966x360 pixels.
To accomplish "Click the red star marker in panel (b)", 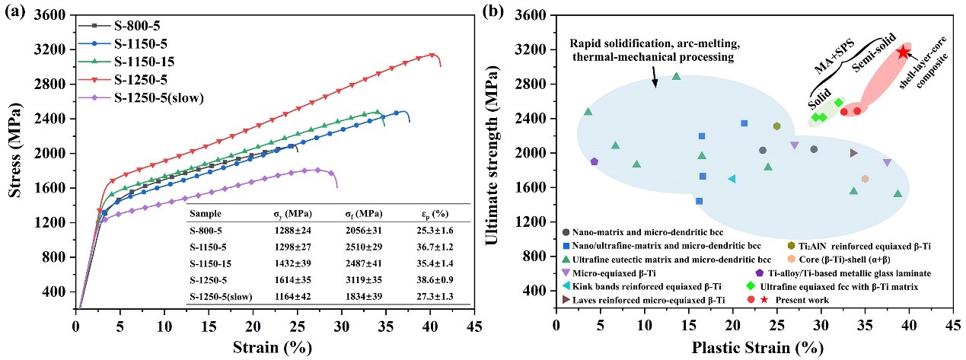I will click(904, 53).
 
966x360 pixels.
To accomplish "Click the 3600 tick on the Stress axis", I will click(57, 15).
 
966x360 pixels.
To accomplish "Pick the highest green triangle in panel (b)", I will click(676, 76).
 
